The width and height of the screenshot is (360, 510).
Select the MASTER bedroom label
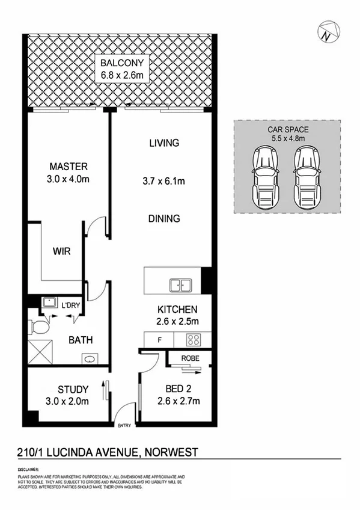tap(69, 167)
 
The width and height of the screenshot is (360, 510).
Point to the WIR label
tap(62, 251)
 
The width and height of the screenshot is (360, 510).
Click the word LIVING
tap(164, 143)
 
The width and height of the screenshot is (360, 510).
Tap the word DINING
tap(164, 219)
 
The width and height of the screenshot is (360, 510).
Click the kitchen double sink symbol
tap(181, 284)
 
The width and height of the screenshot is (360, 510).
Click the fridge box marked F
tap(159, 340)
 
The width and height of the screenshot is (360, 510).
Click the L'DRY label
tap(71, 305)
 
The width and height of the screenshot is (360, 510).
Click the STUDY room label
tap(73, 389)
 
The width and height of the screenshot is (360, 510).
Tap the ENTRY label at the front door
tap(124, 426)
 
